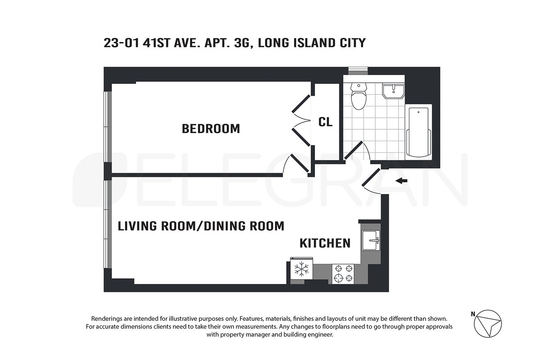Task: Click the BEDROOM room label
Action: click(211, 129)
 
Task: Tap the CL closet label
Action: click(325, 122)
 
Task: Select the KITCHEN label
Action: click(325, 243)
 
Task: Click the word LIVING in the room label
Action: click(137, 226)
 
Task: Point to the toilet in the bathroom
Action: click(359, 96)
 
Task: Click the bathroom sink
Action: click(393, 91)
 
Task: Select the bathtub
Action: click(418, 132)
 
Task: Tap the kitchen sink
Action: click(371, 240)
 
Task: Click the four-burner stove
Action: click(343, 274)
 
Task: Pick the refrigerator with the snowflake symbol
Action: click(301, 269)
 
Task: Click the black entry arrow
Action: click(401, 180)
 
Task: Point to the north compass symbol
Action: click(488, 324)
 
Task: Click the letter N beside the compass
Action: click(473, 314)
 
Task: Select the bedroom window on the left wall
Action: click(108, 126)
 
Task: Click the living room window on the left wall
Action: click(108, 224)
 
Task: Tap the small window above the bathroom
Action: click(358, 71)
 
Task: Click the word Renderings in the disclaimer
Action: click(112, 319)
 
